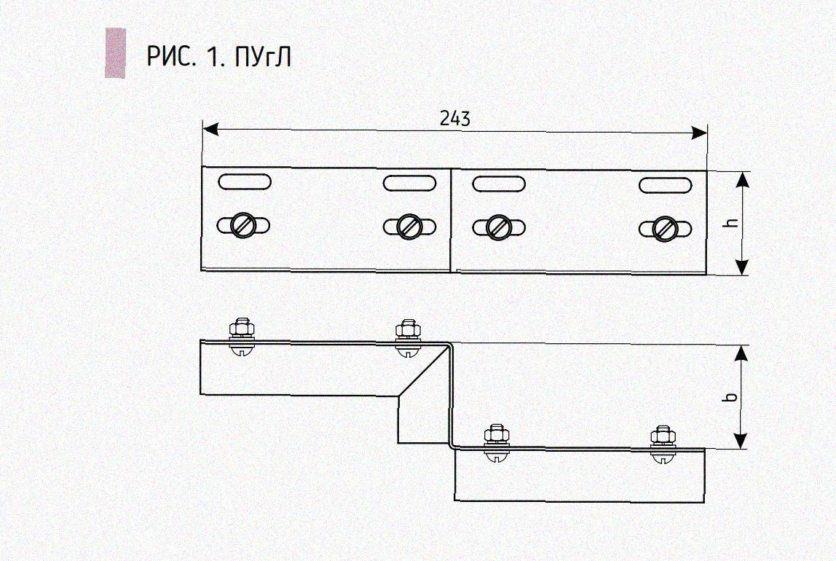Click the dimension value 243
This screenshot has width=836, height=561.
[x=455, y=118]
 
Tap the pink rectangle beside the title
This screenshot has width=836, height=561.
[x=115, y=52]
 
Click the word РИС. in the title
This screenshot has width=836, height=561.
[x=171, y=56]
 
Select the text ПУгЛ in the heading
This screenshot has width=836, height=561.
[x=264, y=56]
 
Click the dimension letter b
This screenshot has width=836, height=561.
[x=732, y=397]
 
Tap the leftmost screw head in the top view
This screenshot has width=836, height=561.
[x=242, y=227]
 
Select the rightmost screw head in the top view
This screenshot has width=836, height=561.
[x=664, y=229]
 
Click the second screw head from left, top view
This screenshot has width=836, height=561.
[x=409, y=227]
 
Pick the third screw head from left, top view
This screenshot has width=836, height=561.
[x=499, y=227]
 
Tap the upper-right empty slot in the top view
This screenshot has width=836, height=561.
[x=665, y=185]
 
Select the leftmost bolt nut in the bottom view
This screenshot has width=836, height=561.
[x=242, y=327]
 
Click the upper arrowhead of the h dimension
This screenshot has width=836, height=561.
[x=741, y=179]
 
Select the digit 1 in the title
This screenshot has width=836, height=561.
[x=214, y=56]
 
